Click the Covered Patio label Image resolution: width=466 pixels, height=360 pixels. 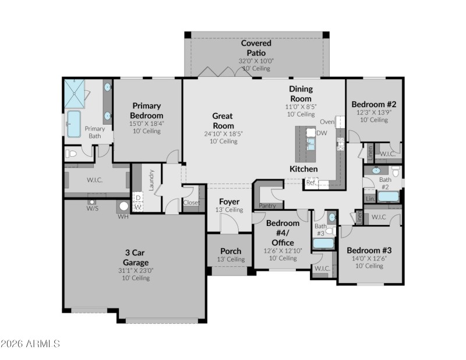(x=256, y=48)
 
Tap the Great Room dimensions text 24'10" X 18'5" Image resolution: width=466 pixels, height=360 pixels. (x=223, y=133)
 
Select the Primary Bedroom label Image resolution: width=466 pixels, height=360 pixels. (x=147, y=110)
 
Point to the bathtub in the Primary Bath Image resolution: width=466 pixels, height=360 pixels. (x=74, y=124)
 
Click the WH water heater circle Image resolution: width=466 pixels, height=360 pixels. (x=123, y=206)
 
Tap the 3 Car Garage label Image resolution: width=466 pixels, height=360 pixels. (x=135, y=257)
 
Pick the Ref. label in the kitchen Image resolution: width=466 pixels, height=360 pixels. (x=311, y=182)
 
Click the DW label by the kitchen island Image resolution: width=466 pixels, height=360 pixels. (x=322, y=133)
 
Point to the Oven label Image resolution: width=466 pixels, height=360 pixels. (x=327, y=122)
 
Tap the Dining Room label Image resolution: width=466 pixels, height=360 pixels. (x=301, y=94)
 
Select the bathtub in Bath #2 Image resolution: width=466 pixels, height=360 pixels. (x=388, y=196)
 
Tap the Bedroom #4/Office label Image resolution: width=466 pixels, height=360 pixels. (x=283, y=232)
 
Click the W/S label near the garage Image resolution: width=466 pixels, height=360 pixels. (x=92, y=208)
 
